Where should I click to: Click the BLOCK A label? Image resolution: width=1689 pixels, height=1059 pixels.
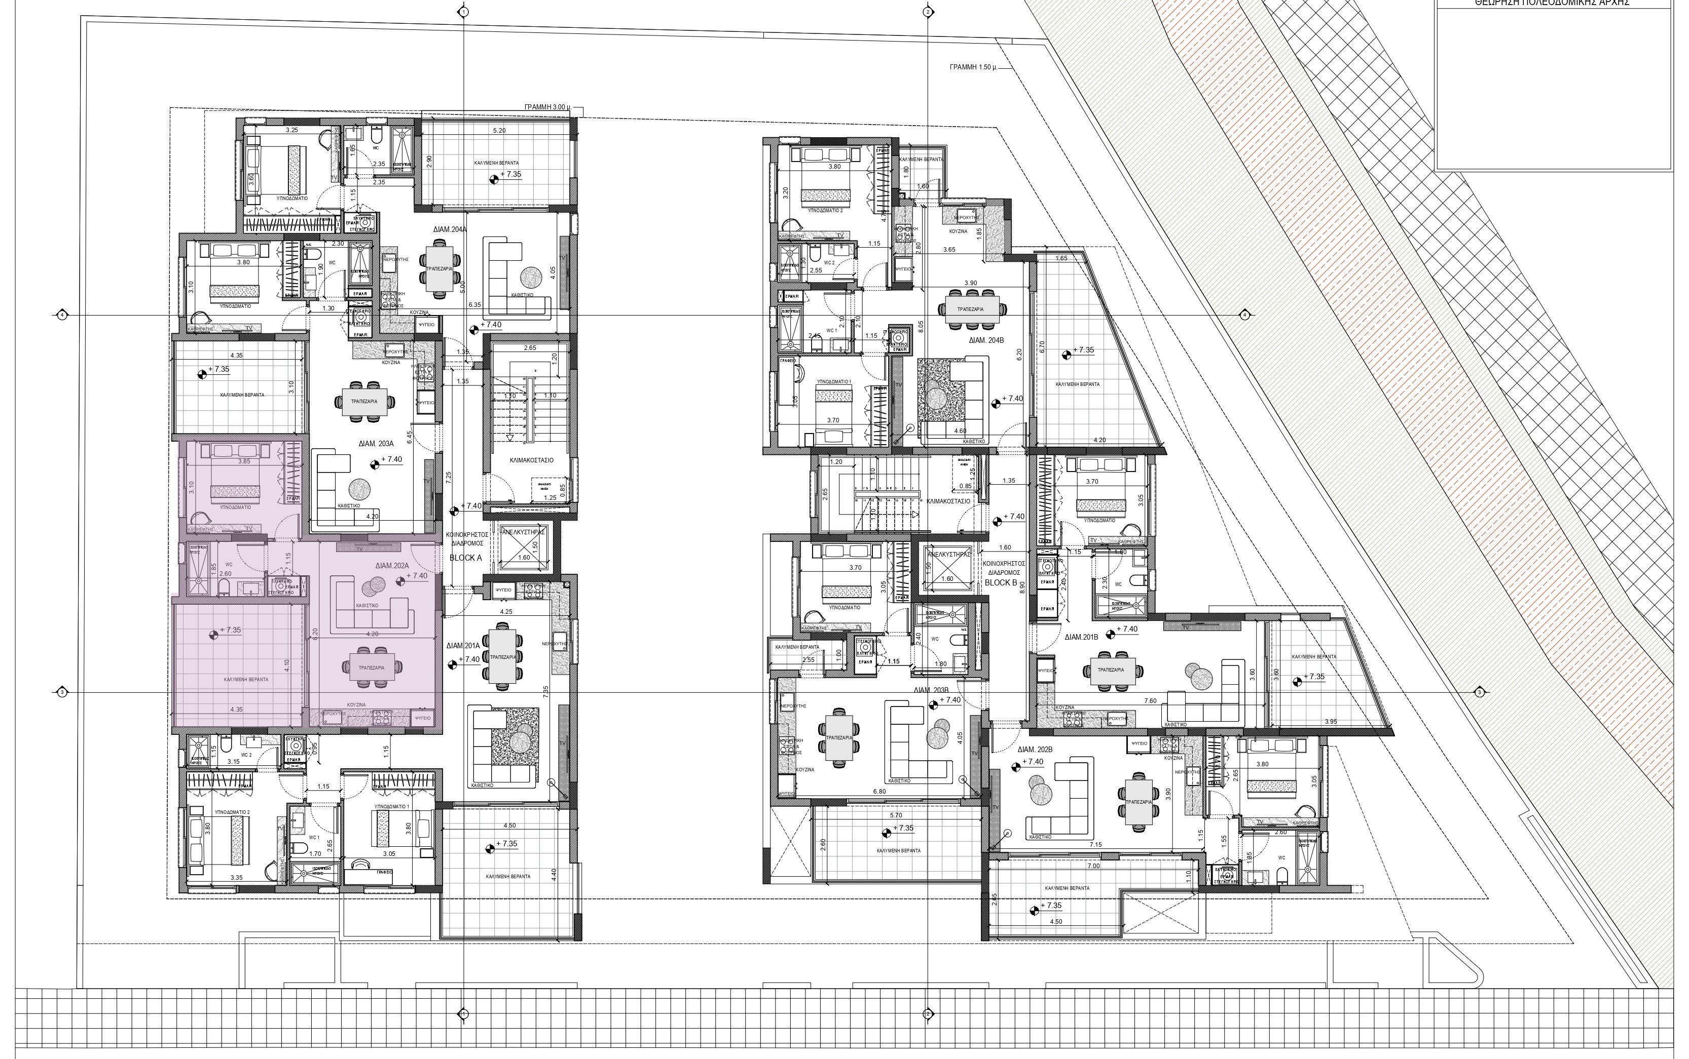point(465,558)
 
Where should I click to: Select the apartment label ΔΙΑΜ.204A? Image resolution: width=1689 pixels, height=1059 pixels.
point(450,228)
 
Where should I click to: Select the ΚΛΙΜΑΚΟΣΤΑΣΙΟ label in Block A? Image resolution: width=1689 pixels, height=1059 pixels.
point(531,460)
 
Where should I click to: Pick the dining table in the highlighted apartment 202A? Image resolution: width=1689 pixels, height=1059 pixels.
point(372,668)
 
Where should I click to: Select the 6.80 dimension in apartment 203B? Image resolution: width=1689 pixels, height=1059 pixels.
point(879,792)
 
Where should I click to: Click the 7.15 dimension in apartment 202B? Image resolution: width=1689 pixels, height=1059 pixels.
point(1095,845)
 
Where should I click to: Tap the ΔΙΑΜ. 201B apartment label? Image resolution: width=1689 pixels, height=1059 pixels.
point(1081,637)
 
